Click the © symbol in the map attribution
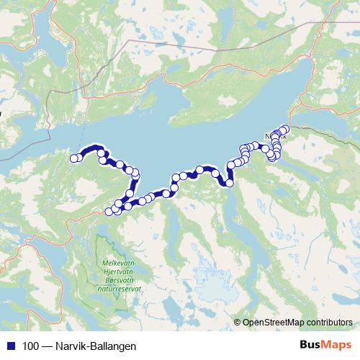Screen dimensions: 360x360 pyautogui.click(x=238, y=323)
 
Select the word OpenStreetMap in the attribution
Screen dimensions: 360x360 pyautogui.click(x=272, y=323)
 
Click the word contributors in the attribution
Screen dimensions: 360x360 pyautogui.click(x=328, y=323)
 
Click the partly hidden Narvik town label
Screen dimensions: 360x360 pyautogui.click(x=273, y=135)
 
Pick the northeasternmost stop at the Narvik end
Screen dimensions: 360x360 pyautogui.click(x=285, y=129)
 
